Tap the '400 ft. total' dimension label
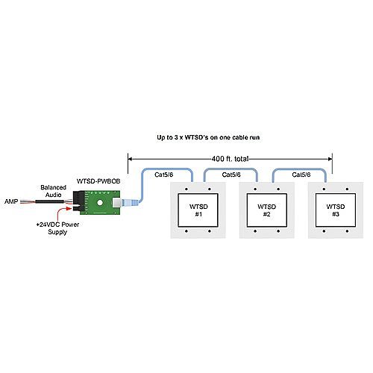point(230,158)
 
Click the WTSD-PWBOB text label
point(98,181)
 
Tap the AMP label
point(11,202)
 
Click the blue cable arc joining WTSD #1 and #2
point(230,170)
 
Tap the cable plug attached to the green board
point(128,203)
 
